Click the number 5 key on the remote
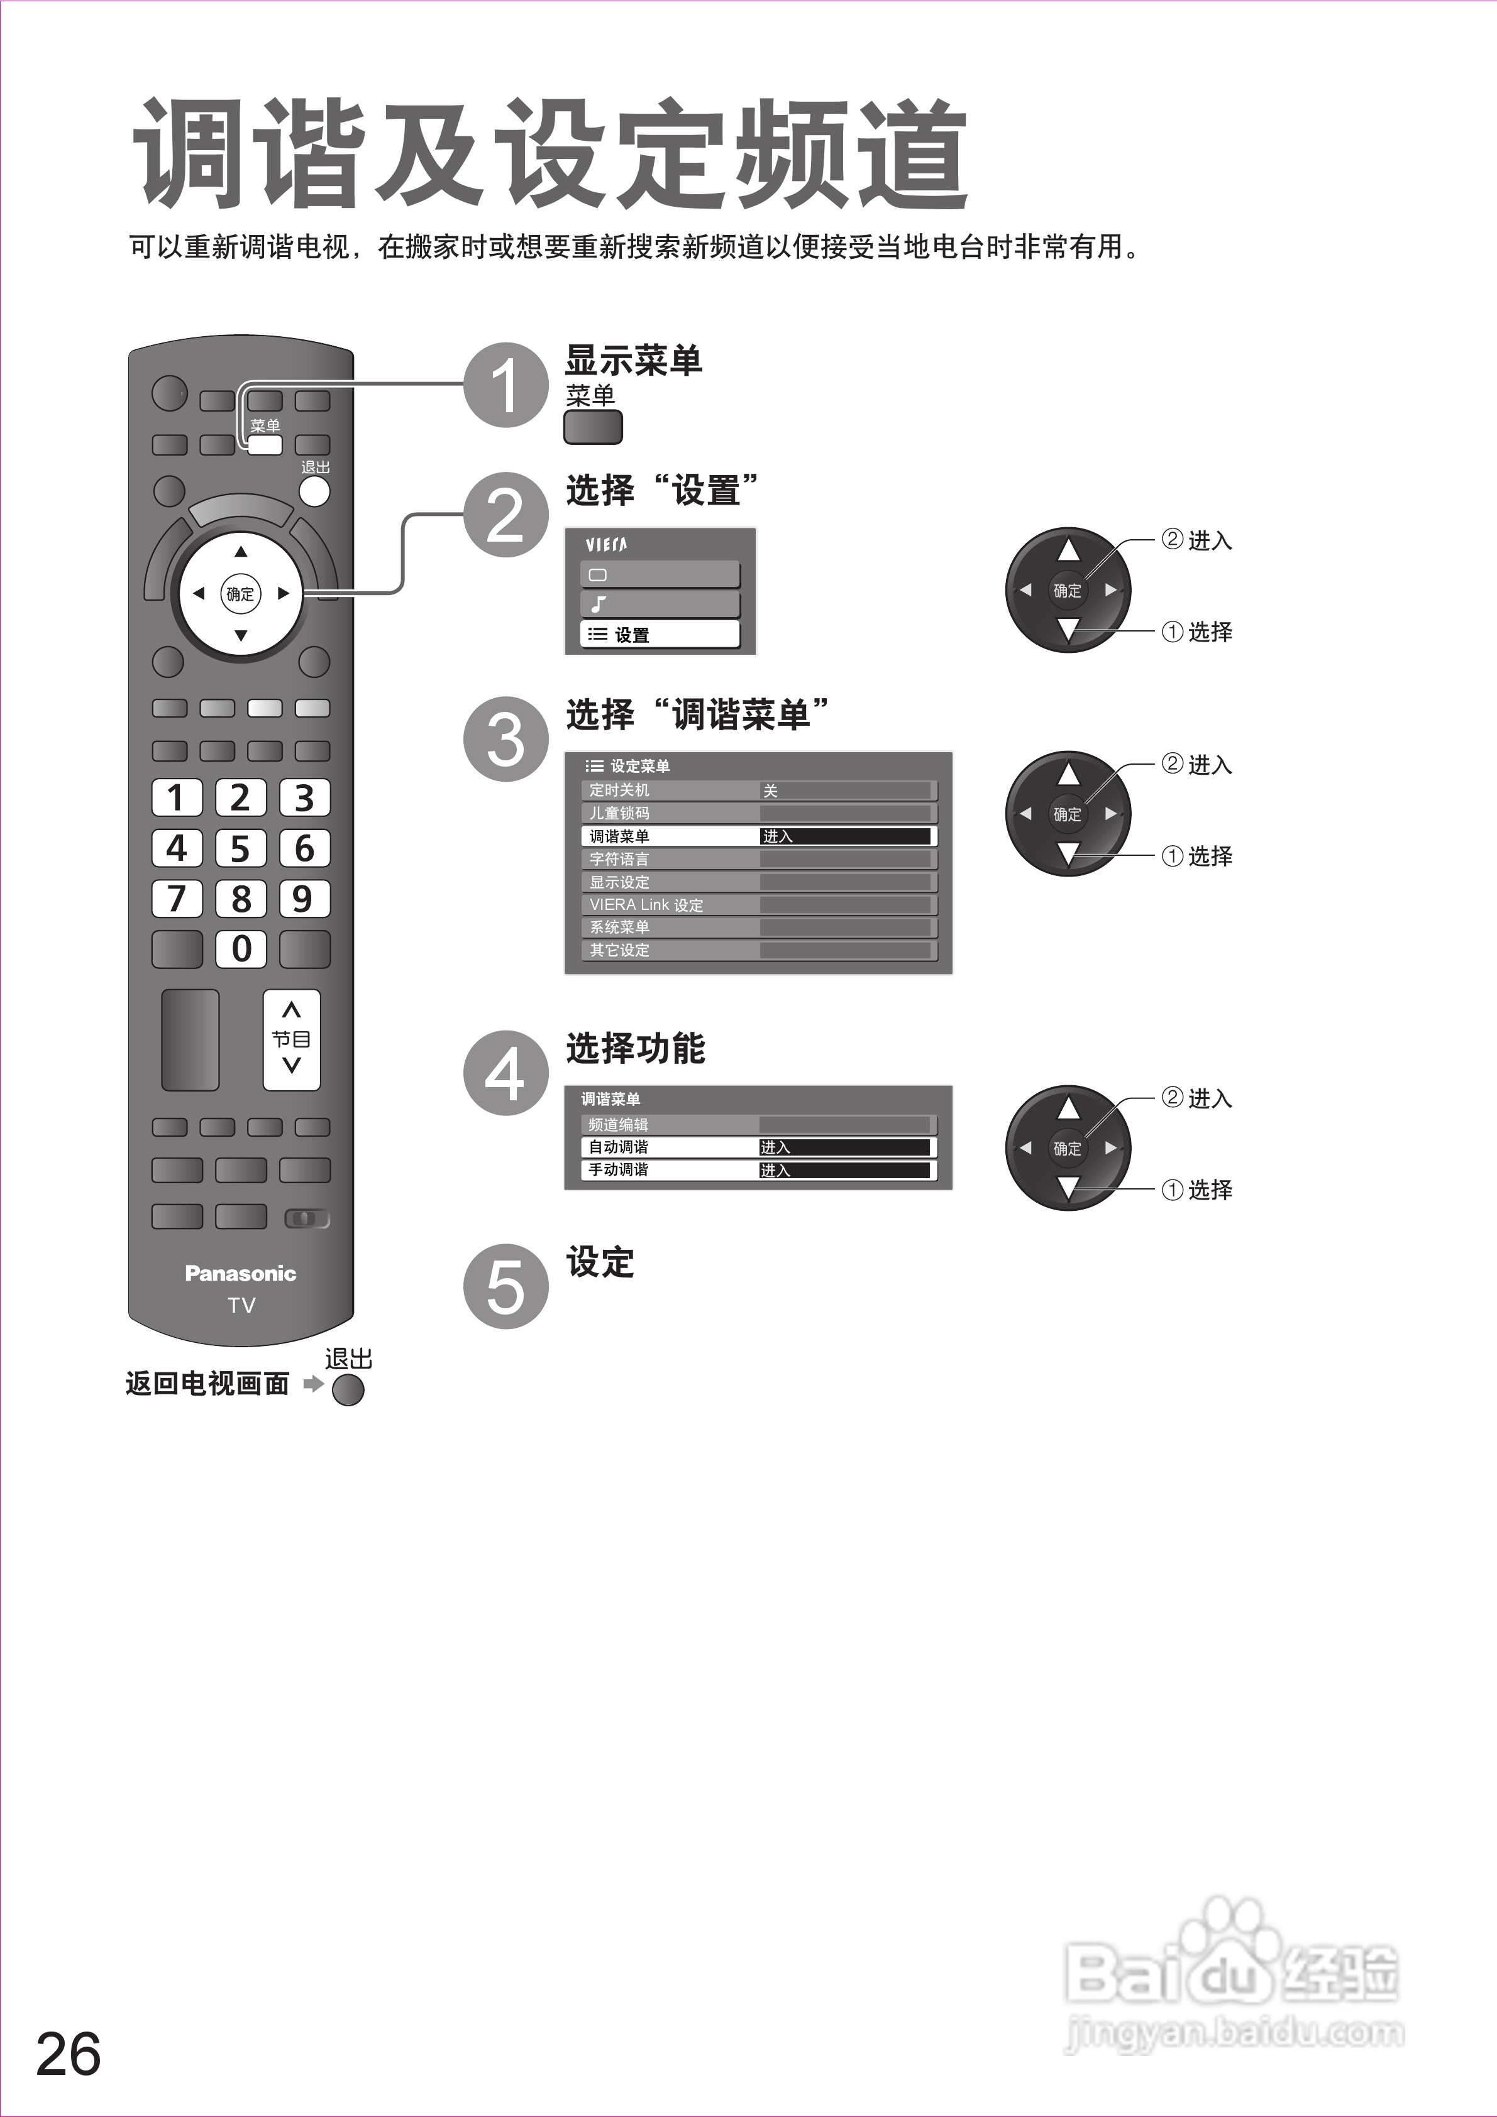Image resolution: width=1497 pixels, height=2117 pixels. [x=241, y=847]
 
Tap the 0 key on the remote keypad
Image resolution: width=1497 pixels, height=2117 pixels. [x=241, y=948]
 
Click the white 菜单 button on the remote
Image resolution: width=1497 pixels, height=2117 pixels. [x=265, y=444]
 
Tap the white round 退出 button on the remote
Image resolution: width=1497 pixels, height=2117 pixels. [x=314, y=491]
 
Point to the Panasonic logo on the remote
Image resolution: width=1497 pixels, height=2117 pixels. [x=241, y=1273]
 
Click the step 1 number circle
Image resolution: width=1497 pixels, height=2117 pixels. [x=505, y=385]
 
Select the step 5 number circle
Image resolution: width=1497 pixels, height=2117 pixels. [x=505, y=1286]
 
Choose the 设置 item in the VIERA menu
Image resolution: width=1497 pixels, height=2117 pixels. [x=660, y=635]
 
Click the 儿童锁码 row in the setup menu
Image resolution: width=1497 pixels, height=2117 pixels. [x=759, y=813]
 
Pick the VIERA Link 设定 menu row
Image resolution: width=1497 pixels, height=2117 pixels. [x=759, y=904]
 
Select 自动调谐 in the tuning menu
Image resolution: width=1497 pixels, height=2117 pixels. [x=759, y=1147]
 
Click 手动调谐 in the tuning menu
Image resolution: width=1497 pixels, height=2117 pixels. [x=759, y=1170]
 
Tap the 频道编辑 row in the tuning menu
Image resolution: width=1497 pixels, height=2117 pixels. [x=759, y=1125]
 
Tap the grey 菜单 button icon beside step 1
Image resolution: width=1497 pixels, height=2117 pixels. [x=593, y=427]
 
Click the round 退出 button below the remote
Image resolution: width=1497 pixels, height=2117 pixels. [x=348, y=1389]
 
